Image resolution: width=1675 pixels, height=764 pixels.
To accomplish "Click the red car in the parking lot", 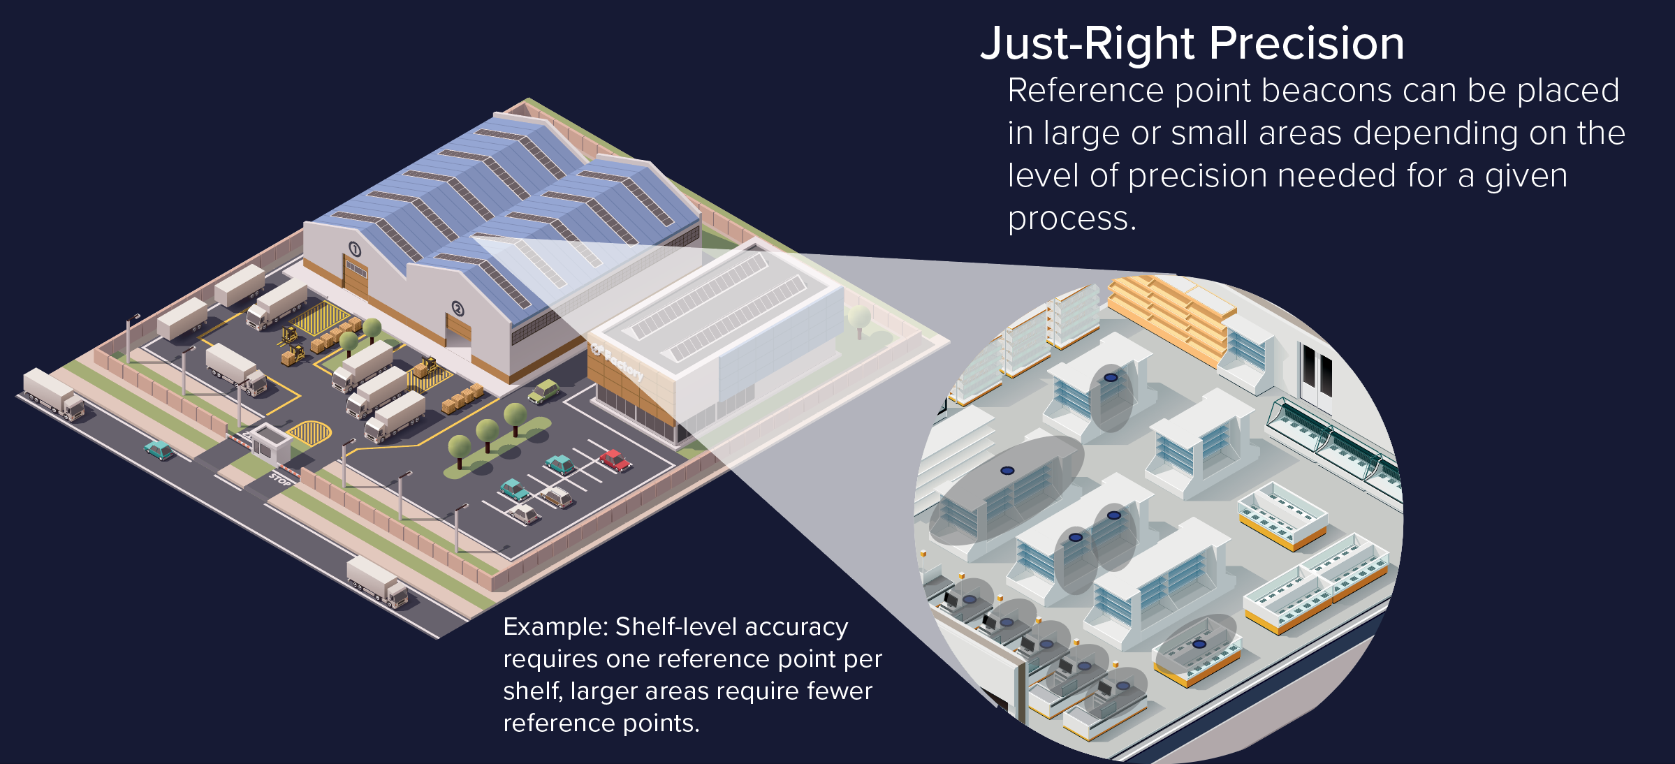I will click(x=615, y=460).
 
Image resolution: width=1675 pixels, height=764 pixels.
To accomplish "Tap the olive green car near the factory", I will click(x=543, y=391).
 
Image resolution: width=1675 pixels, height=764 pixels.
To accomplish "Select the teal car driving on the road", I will click(x=159, y=450).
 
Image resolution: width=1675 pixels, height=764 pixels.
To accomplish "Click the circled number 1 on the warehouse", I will click(x=355, y=249).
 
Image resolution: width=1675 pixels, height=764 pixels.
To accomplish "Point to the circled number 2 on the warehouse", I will click(x=458, y=309).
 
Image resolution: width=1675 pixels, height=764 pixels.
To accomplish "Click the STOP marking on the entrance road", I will click(x=280, y=480).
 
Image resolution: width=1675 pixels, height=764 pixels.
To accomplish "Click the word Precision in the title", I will click(x=1306, y=43).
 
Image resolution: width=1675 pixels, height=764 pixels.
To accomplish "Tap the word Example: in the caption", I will click(x=556, y=627).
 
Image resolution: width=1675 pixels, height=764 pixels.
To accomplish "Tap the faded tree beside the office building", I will click(x=858, y=321).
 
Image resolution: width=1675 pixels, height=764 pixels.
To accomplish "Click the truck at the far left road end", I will click(x=53, y=395).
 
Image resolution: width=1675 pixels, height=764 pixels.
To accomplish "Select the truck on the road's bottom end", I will click(x=378, y=582).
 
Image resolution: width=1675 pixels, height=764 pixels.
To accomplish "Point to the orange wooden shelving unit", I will click(x=1166, y=314).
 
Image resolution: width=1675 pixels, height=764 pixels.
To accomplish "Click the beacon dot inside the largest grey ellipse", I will click(x=1007, y=471).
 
